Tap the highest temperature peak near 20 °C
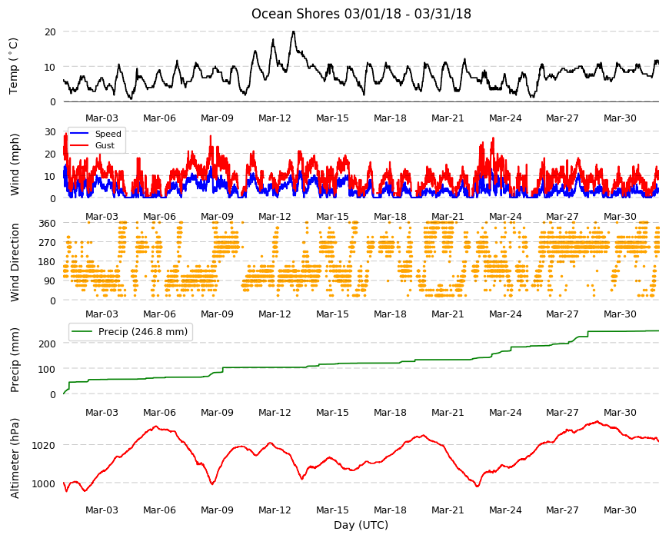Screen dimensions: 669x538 pos(293,32)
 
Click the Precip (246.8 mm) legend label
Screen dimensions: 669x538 pos(143,332)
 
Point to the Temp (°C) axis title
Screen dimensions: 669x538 pos(14,65)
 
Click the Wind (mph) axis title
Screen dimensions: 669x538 pos(15,164)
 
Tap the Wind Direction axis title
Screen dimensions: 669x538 pos(15,262)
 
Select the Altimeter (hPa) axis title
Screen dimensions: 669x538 pos(15,458)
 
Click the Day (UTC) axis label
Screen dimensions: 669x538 pos(361,525)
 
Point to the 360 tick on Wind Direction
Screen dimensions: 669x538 pos(48,223)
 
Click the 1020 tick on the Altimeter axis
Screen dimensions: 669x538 pos(44,445)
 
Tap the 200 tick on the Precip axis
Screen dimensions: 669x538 pos(48,344)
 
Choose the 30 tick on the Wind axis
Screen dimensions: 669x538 pos(50,131)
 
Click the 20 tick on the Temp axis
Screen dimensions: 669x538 pos(50,32)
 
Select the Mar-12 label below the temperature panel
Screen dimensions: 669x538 pos(275,118)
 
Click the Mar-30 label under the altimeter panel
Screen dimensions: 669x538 pos(620,510)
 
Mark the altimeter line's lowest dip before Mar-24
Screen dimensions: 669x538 pos(478,486)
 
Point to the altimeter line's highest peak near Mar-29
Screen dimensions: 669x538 pos(597,422)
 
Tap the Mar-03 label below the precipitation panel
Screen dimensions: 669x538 pos(102,412)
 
